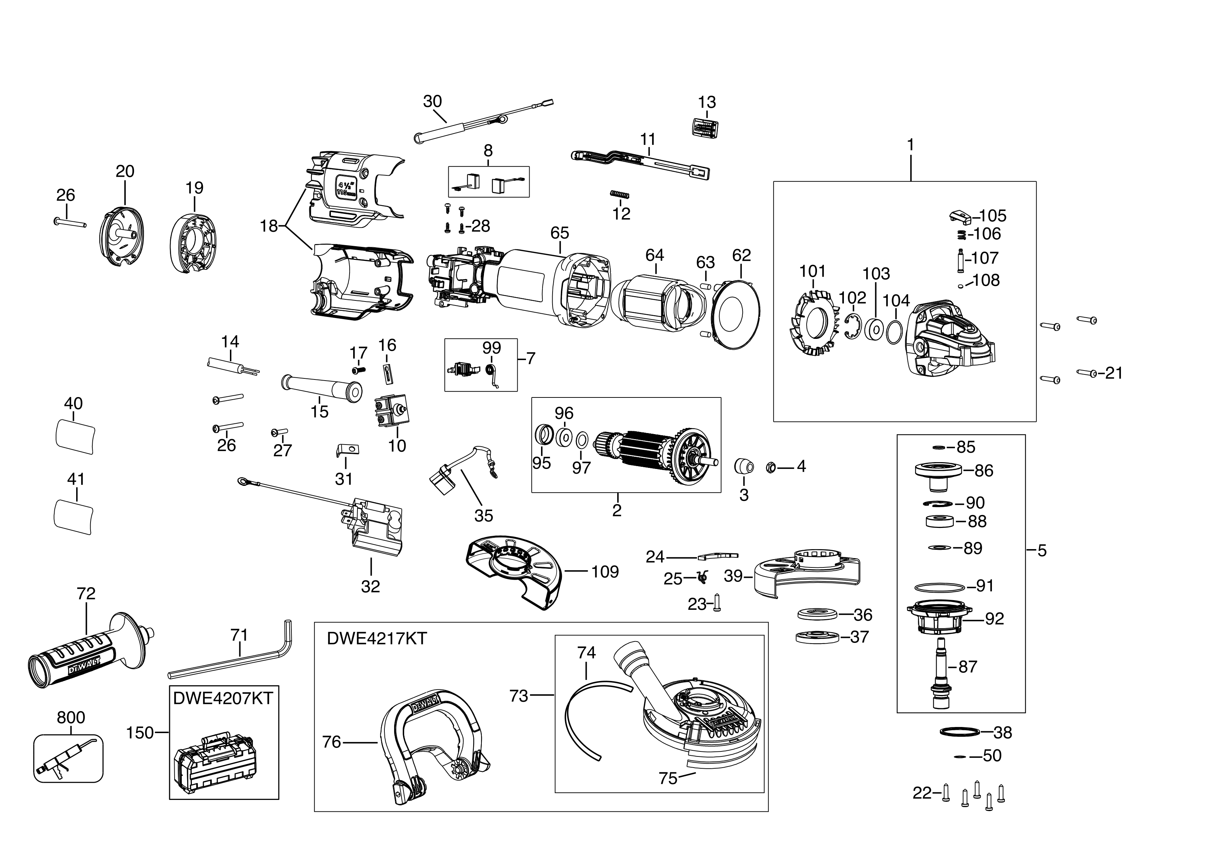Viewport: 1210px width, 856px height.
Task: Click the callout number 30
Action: [432, 101]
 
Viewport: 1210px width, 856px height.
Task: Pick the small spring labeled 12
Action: [620, 194]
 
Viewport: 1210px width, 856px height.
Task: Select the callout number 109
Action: [605, 571]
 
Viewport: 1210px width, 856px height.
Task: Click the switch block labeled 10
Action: [391, 412]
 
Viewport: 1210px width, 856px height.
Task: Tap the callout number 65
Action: [560, 233]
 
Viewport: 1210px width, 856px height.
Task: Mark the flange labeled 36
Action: [817, 615]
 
